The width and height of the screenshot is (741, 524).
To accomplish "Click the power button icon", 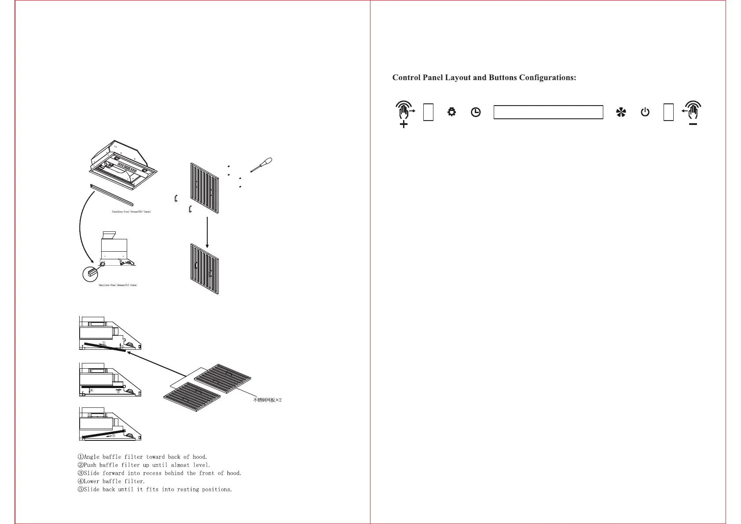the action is coord(645,112).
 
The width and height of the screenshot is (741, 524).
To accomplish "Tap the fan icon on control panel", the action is coord(621,113).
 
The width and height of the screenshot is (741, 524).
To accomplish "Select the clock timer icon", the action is coord(476,112).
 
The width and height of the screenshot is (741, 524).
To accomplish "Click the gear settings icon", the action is coord(451,112).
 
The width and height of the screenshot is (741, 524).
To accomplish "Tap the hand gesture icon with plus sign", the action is coord(404,114).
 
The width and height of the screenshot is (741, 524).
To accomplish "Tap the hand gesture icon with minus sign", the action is coord(692,114).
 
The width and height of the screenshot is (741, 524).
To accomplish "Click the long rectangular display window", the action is coord(548,112).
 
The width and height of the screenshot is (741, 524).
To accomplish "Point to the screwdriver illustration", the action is coord(261,165).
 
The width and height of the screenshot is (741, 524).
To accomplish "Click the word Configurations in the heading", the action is coord(547,78).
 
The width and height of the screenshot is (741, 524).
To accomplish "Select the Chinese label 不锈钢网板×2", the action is coord(267,400).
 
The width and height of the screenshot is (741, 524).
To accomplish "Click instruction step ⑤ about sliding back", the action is coord(155,489).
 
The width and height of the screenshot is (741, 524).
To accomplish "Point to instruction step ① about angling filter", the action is coord(143,457).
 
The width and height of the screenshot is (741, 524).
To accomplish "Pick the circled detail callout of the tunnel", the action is coord(90,274).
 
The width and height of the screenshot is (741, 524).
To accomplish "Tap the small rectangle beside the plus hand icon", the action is coord(428,112).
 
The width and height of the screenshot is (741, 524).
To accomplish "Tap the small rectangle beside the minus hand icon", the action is coord(668,112).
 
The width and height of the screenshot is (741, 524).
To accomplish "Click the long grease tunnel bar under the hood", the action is coord(111,195).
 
